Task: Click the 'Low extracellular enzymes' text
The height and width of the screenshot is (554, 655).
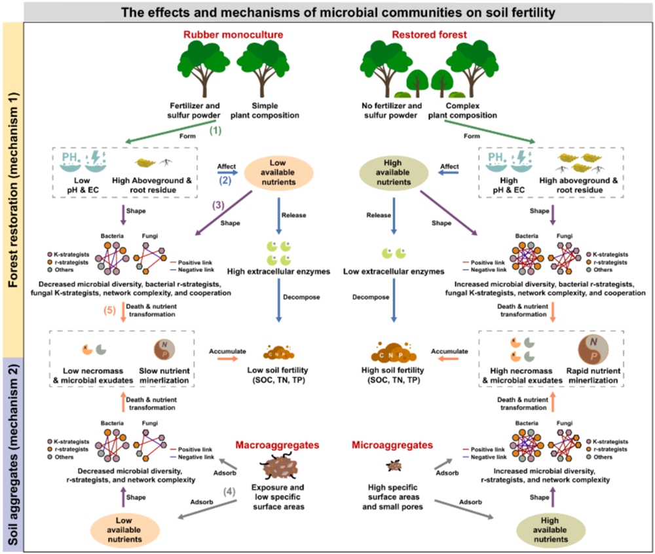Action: [x=393, y=270]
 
